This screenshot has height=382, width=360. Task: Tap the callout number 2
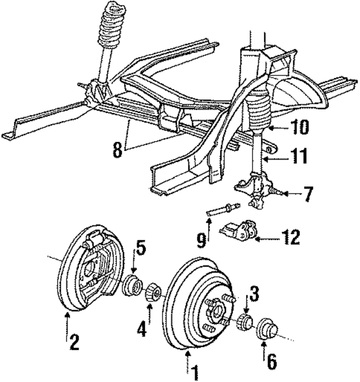74,341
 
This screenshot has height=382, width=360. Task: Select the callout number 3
254,294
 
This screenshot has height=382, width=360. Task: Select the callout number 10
301,128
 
